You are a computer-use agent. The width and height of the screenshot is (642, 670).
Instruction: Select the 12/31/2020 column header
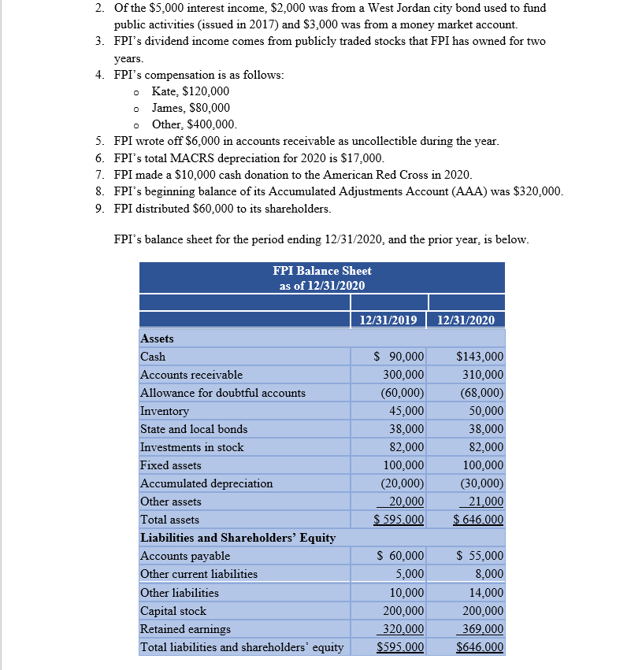click(x=466, y=320)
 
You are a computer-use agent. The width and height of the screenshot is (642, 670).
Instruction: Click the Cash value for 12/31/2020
click(x=480, y=357)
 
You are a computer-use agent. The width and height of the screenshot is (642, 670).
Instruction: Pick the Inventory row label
click(x=165, y=411)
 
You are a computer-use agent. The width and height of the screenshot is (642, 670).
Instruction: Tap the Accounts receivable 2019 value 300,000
click(x=403, y=375)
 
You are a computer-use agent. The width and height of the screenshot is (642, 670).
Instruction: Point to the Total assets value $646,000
click(x=478, y=520)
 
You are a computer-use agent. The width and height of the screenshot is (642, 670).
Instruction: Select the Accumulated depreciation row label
click(x=206, y=483)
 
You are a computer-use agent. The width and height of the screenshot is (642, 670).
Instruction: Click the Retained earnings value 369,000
click(x=481, y=629)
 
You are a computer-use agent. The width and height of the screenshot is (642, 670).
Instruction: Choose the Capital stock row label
click(x=173, y=611)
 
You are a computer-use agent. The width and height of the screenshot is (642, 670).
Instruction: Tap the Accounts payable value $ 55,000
click(x=480, y=556)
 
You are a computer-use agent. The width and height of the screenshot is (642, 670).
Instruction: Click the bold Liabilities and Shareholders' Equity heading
click(x=238, y=538)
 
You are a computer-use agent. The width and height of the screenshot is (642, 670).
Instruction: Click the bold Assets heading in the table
click(x=157, y=338)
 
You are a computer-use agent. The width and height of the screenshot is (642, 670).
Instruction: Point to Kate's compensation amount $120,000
click(x=206, y=91)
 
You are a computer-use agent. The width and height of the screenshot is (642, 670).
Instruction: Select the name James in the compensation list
click(x=168, y=108)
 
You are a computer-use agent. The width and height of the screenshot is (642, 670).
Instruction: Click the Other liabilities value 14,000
click(x=484, y=593)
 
